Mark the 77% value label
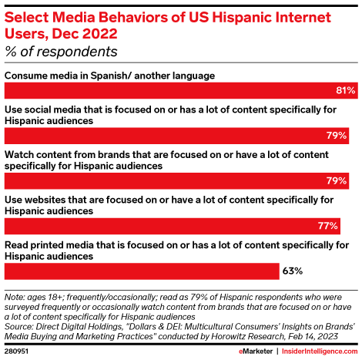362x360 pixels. coord(329,226)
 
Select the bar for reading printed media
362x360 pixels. coord(142,271)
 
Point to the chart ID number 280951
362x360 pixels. coord(18,352)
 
